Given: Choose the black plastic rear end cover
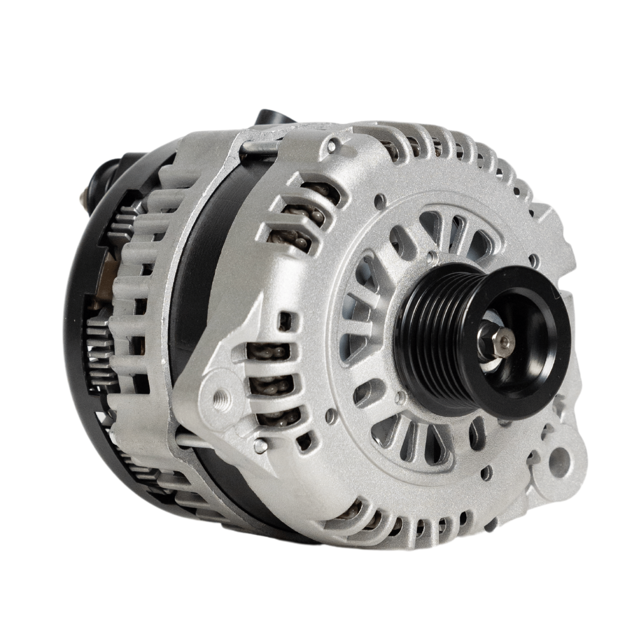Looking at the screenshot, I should tap(83, 331).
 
